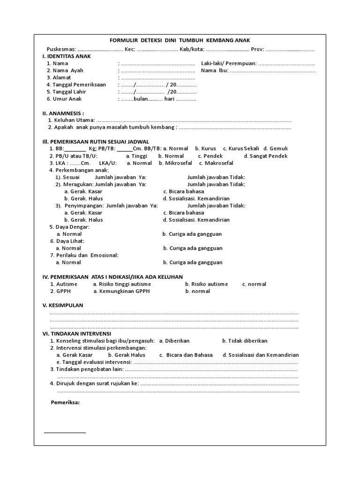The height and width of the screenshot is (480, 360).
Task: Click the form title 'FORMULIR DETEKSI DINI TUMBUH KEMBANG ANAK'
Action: [180, 41]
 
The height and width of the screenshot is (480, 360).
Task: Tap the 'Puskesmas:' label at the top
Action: [61, 50]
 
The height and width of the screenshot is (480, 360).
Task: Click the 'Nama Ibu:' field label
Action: [215, 71]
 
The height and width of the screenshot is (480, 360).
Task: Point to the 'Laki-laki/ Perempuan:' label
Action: [229, 63]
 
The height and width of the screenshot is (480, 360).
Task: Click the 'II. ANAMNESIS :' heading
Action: [63, 113]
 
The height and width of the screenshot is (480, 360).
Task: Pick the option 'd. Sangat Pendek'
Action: [266, 156]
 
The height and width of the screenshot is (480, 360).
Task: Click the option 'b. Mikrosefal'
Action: [176, 163]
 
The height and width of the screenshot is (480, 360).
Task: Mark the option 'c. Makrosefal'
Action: [216, 163]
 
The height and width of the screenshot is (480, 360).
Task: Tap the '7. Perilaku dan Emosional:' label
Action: [84, 255]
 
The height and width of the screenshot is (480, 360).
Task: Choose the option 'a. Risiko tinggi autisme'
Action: [122, 284]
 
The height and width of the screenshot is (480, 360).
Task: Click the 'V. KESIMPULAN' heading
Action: [63, 305]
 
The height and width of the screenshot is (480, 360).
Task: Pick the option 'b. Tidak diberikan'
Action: [245, 341]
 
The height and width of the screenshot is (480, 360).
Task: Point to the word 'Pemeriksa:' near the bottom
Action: [65, 403]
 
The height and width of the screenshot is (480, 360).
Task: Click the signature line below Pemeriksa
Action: [65, 432]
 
